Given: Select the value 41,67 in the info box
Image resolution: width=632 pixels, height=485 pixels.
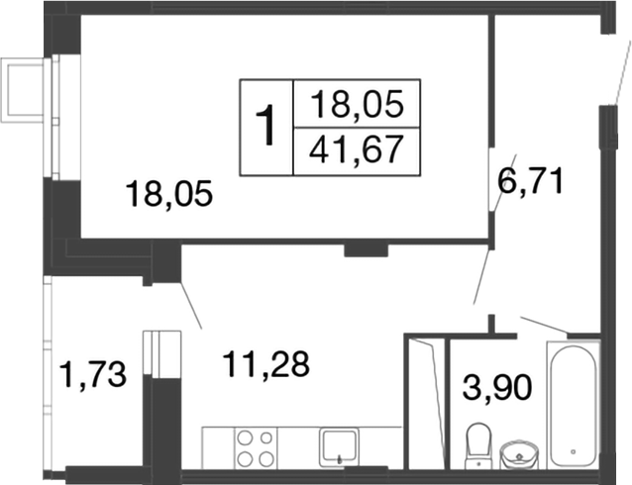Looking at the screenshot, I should [356, 150].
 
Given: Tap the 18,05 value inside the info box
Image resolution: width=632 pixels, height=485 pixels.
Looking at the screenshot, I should [356, 102].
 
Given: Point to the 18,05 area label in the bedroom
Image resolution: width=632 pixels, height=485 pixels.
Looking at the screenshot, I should [169, 193].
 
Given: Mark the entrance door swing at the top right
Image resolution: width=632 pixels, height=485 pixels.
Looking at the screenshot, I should [614, 69].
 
